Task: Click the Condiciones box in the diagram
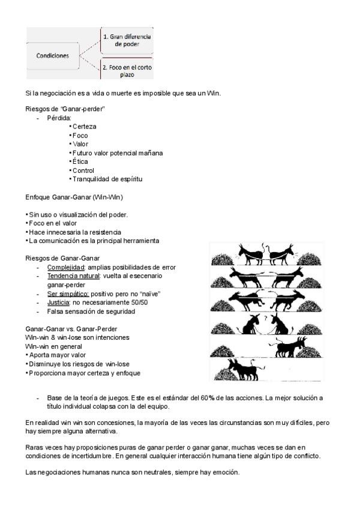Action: pos(53,56)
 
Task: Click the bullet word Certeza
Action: pos(84,127)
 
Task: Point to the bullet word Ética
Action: pos(81,161)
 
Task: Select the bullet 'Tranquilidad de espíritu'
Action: pos(107,179)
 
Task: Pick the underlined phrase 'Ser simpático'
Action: pos(68,294)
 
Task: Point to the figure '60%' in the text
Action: pos(193,399)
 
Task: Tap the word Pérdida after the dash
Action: pos(59,118)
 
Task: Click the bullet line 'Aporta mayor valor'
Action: pos(58,355)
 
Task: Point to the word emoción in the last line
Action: pos(226,473)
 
